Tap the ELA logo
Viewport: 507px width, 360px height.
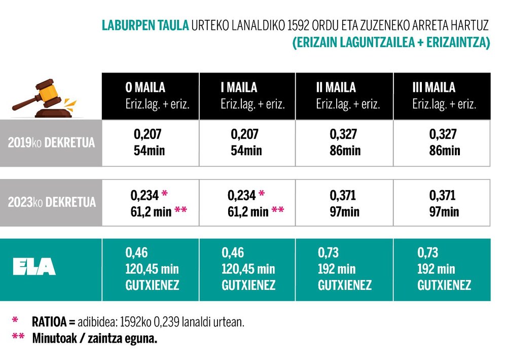click(x=34, y=267)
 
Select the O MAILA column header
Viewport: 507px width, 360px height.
click(x=151, y=96)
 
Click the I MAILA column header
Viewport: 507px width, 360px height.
click(x=247, y=96)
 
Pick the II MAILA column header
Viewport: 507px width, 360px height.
click(x=343, y=96)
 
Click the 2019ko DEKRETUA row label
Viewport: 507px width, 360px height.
click(x=51, y=142)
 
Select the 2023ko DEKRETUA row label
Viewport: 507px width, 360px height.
click(x=51, y=202)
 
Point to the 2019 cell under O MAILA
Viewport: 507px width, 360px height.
click(x=151, y=142)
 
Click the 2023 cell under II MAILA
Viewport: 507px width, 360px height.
click(x=344, y=202)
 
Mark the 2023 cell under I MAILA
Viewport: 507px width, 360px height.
click(x=247, y=202)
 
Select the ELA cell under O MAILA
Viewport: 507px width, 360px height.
click(x=152, y=269)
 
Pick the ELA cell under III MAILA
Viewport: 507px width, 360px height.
click(x=444, y=269)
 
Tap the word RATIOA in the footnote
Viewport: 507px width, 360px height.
click(x=50, y=321)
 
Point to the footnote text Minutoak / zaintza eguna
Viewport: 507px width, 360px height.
click(x=94, y=338)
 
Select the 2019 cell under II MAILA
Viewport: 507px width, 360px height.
click(x=344, y=142)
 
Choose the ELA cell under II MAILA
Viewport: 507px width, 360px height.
click(x=344, y=269)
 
